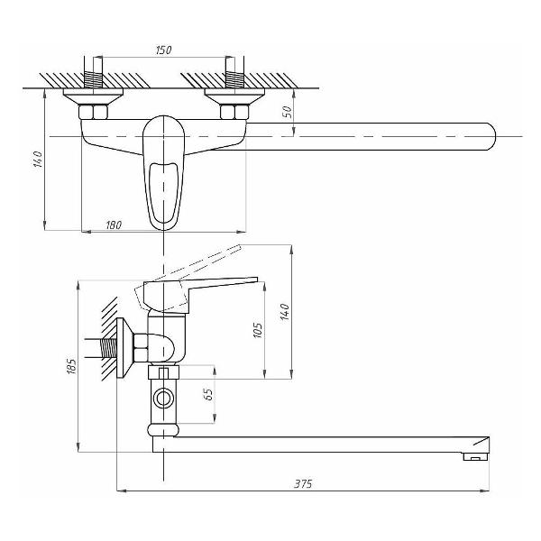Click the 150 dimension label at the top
click(x=163, y=50)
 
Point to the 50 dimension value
click(x=288, y=112)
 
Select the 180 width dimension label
click(x=114, y=225)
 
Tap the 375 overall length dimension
click(x=303, y=483)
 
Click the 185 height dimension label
click(x=70, y=366)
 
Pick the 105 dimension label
click(x=258, y=330)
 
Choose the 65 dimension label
click(x=209, y=394)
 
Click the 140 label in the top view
click(x=37, y=160)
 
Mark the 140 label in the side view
click(x=285, y=312)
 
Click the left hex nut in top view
click(x=93, y=112)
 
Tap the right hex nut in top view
click(x=234, y=112)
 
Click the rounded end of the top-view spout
click(x=492, y=136)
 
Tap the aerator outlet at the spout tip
click(x=475, y=457)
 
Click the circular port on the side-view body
click(x=163, y=399)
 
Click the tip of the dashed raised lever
click(x=240, y=247)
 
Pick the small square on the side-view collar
click(x=163, y=373)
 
